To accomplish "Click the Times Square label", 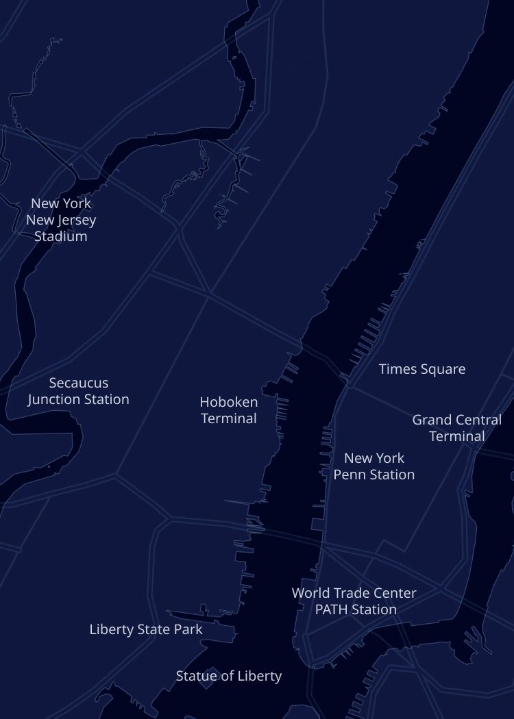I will tap(422, 369).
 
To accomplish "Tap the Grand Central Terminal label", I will tap(456, 428).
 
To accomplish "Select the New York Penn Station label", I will tap(374, 466).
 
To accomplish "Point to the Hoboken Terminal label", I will tap(229, 410).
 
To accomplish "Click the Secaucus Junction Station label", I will tap(78, 391).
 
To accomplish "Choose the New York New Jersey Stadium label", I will tap(61, 220).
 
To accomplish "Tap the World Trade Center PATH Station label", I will tap(354, 601).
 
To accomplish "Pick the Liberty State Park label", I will tap(146, 629).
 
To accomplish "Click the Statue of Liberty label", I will tap(229, 676).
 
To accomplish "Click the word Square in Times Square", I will tap(442, 370).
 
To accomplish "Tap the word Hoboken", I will tap(229, 402).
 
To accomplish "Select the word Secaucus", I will tap(79, 383).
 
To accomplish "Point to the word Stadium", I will tap(61, 236).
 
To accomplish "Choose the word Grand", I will tap(432, 420).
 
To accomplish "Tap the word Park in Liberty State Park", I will tap(188, 629).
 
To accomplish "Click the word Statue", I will tap(195, 676).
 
